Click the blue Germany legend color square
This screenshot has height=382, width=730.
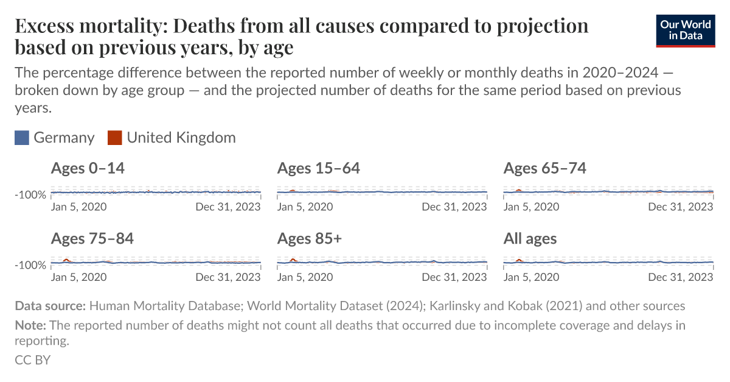[22, 138]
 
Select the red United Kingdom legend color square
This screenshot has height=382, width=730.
[114, 138]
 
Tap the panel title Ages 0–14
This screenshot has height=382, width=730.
[88, 168]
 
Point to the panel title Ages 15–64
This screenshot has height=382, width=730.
[318, 168]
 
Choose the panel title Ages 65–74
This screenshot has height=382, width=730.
[544, 168]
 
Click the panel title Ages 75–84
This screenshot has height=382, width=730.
[92, 238]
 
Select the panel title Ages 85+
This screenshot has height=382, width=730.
[309, 238]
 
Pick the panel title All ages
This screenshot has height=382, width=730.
[530, 238]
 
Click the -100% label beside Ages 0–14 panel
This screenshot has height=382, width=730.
[30, 195]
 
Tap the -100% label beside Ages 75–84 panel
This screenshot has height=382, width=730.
[30, 265]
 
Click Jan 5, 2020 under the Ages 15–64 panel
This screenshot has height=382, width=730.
[305, 207]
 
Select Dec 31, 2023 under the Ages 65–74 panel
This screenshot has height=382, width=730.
[681, 207]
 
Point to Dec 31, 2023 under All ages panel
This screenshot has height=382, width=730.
[681, 277]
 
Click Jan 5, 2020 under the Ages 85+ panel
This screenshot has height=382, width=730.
[305, 277]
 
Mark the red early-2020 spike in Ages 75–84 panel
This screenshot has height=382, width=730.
[66, 260]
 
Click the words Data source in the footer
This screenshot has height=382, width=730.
[50, 306]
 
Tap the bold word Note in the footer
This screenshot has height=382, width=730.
[29, 325]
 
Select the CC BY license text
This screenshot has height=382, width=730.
[32, 360]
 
